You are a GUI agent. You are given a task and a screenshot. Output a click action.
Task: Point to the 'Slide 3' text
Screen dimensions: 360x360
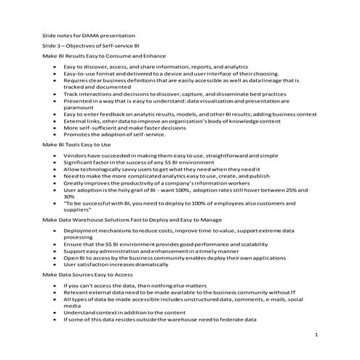coord(52,45)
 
